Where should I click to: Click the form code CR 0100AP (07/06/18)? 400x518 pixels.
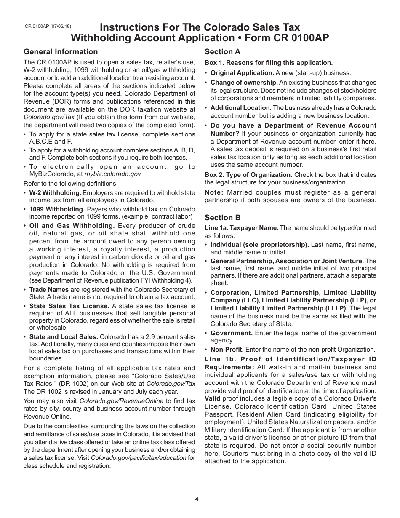(x=48, y=27)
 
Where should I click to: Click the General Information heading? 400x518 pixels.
(x=61, y=52)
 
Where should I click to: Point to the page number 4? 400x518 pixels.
(x=197, y=499)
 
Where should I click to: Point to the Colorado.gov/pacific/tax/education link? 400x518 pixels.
(x=139, y=458)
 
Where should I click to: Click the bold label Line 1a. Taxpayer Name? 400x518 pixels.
(x=241, y=228)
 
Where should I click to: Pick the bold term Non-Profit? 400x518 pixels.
(x=227, y=350)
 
